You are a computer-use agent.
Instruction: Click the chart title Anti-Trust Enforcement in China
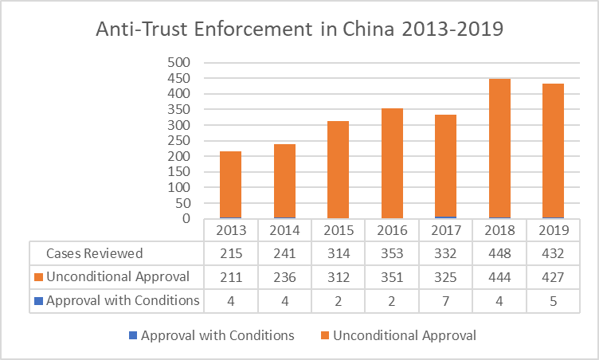tap(299, 29)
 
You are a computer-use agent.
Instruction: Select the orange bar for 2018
tap(499, 148)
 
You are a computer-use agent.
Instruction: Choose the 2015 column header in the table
tap(338, 230)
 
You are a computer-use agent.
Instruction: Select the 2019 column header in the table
tap(553, 230)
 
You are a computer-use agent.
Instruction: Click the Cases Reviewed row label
tap(95, 253)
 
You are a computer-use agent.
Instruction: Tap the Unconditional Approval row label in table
tap(115, 277)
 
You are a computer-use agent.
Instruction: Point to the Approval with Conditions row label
tap(122, 301)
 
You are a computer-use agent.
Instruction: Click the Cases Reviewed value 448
tap(499, 253)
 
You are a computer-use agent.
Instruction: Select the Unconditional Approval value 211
tap(231, 277)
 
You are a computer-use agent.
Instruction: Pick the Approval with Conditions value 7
tap(445, 301)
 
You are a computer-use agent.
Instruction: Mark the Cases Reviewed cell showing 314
tap(338, 253)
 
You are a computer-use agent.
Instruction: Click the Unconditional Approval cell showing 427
tap(553, 277)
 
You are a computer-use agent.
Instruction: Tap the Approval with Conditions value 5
tap(553, 301)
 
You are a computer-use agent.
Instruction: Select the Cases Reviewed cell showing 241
tap(284, 253)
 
